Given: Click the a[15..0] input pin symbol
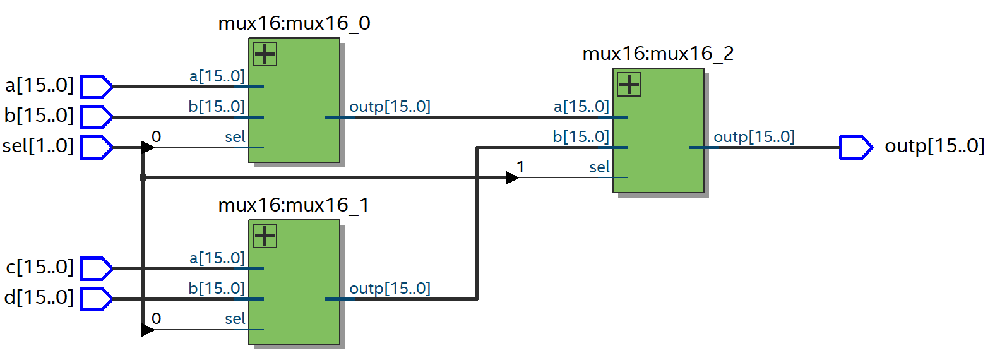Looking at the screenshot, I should tap(96, 87).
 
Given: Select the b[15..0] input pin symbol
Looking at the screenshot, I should tap(96, 117).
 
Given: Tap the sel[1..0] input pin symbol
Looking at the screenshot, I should tap(96, 147).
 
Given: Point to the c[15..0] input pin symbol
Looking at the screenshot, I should tap(96, 268).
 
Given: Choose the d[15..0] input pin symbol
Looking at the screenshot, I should tap(96, 299).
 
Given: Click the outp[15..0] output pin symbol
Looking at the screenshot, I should tap(855, 147).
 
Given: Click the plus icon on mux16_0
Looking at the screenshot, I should tap(265, 54).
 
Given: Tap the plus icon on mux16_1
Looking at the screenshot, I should tap(265, 236).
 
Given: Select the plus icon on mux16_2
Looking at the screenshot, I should tap(629, 85).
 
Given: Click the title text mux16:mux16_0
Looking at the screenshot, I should tap(294, 23).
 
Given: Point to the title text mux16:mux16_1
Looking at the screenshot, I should tap(294, 205).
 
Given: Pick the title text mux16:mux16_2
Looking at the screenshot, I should tap(658, 54).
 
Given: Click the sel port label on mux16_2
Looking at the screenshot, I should tap(599, 167).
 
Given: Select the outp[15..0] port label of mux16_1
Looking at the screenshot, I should tap(390, 289).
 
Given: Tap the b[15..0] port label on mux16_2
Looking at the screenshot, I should tap(581, 137).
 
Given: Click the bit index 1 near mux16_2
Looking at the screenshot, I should tap(520, 167).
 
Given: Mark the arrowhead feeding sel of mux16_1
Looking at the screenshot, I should tap(148, 330).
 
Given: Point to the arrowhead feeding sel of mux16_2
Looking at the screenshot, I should tap(512, 178).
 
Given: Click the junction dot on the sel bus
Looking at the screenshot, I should tap(143, 178).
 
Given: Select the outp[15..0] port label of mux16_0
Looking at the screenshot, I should tap(390, 107).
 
